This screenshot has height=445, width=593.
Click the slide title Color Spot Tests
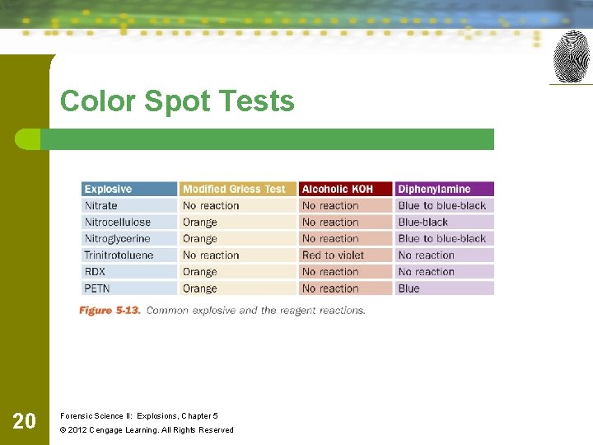click(176, 101)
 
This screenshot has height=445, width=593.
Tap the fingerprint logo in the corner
click(572, 56)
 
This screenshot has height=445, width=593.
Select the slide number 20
click(25, 421)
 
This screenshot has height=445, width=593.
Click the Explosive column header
click(108, 190)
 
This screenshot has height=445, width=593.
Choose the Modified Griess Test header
click(234, 190)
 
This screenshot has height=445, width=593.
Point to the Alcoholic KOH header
click(337, 190)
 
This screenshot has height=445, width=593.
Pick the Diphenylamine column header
click(434, 190)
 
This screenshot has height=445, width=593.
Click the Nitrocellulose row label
click(118, 222)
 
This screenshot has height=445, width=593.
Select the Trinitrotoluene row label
click(119, 255)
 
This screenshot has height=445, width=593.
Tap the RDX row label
click(95, 272)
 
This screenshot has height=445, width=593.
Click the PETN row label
click(96, 288)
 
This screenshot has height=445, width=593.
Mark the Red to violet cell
click(333, 255)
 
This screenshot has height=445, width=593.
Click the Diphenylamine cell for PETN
click(409, 288)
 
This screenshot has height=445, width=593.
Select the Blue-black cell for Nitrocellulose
click(423, 222)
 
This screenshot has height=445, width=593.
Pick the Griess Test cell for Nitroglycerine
click(200, 239)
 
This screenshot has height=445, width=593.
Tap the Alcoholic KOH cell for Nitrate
click(330, 206)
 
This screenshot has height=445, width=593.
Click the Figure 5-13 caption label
click(110, 311)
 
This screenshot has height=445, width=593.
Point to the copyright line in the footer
click(147, 429)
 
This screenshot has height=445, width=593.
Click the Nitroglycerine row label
click(118, 239)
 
